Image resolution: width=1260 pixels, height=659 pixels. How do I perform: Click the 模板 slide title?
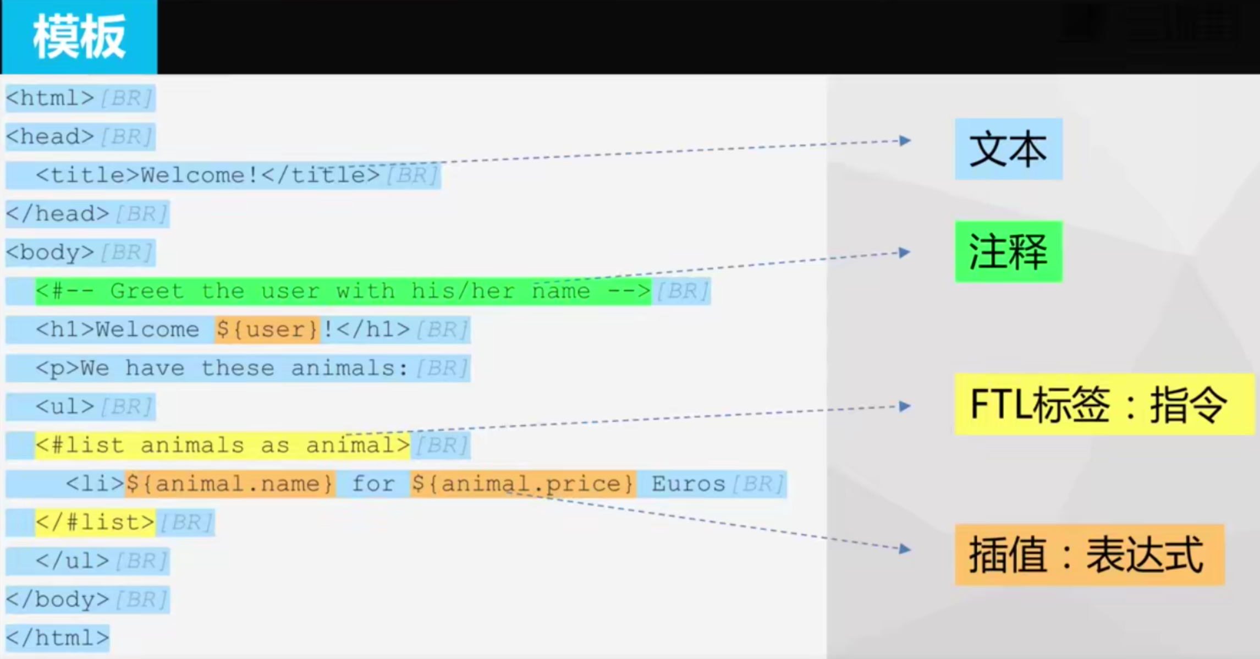(79, 37)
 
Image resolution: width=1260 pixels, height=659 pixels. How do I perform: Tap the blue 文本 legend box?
(1008, 149)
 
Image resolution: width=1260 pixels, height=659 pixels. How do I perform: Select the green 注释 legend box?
(1008, 252)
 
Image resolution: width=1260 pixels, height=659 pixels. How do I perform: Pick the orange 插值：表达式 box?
(1088, 554)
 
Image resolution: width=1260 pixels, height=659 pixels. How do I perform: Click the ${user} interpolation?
(267, 329)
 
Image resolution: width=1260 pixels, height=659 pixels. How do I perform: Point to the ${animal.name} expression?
(229, 484)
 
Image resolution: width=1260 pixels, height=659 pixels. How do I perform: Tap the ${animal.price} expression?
(522, 484)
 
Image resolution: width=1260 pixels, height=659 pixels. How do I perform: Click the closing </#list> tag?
(95, 522)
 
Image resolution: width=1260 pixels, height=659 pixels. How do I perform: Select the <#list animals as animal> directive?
(223, 445)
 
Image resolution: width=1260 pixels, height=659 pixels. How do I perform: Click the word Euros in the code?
(688, 484)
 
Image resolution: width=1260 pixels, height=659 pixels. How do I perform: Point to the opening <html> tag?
(50, 98)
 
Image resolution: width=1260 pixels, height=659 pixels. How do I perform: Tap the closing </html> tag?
(57, 638)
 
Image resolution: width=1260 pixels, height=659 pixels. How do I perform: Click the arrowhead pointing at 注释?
(905, 252)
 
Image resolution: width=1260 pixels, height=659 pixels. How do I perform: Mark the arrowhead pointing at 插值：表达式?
(905, 549)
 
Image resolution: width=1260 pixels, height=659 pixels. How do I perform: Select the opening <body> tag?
(50, 252)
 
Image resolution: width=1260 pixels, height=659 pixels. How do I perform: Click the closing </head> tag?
(57, 213)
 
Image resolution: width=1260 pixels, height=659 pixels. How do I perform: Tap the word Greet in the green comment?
(147, 291)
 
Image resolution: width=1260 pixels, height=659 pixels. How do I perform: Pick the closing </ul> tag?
(72, 561)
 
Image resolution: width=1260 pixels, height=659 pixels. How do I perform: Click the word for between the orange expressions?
(373, 484)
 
